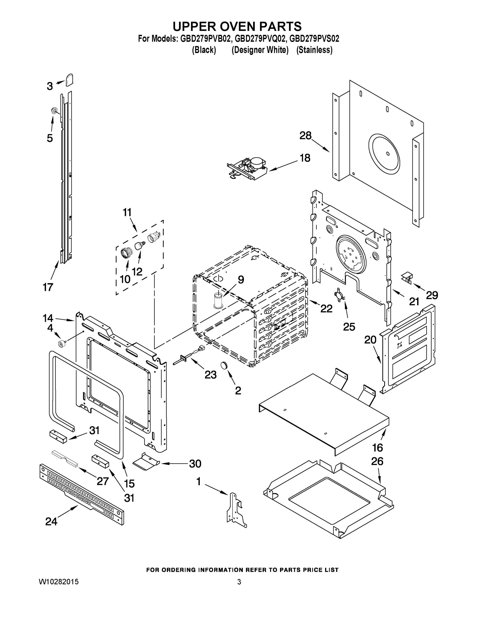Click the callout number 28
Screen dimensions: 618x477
tap(305, 135)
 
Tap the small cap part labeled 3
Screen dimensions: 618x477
tap(69, 80)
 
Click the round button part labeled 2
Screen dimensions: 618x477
tap(224, 365)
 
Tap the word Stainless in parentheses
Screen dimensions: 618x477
tap(314, 50)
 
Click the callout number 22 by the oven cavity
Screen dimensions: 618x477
tap(326, 308)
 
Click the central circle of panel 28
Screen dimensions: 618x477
tap(388, 154)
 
